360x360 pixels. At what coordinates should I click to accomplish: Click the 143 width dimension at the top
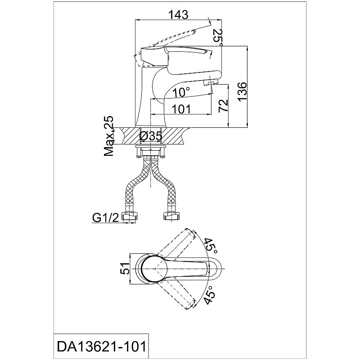tap(178, 15)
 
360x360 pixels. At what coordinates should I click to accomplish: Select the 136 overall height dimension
tap(242, 92)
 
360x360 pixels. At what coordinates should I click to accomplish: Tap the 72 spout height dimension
tap(223, 105)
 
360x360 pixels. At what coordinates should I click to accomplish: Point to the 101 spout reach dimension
tap(181, 109)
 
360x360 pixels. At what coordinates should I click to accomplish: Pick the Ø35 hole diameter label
tap(151, 136)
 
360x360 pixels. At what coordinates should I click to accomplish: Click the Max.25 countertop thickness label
tap(108, 136)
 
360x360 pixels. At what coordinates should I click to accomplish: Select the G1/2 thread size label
tap(105, 218)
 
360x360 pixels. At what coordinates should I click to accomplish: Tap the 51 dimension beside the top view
tap(125, 269)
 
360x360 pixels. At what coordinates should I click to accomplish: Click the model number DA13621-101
tap(101, 346)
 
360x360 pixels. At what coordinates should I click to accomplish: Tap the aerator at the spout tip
tap(211, 83)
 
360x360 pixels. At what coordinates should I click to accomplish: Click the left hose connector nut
tap(130, 216)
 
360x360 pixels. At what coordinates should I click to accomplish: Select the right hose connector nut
tap(171, 216)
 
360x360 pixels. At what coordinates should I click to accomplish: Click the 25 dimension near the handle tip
tap(218, 36)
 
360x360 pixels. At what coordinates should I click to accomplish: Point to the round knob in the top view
tap(154, 269)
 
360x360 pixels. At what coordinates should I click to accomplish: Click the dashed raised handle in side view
tap(165, 46)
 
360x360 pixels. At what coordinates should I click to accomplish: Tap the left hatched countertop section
tap(130, 136)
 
